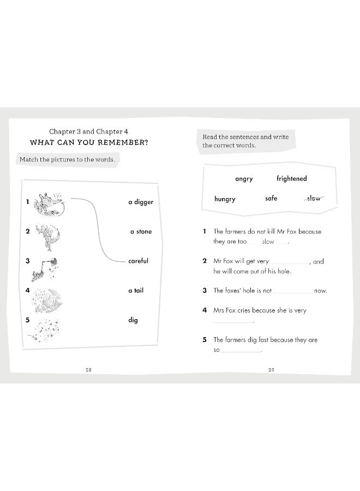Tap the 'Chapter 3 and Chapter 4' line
pyautogui.click(x=88, y=131)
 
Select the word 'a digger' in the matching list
pyautogui.click(x=141, y=202)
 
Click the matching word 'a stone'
pyautogui.click(x=141, y=232)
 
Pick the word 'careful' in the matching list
pyautogui.click(x=138, y=261)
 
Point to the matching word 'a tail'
pyautogui.click(x=136, y=291)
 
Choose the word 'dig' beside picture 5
pyautogui.click(x=133, y=320)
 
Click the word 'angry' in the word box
pyautogui.click(x=244, y=179)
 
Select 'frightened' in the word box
pyautogui.click(x=291, y=178)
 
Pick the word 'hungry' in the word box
pyautogui.click(x=225, y=199)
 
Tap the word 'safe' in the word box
pyautogui.click(x=271, y=199)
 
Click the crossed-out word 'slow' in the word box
pyautogui.click(x=314, y=199)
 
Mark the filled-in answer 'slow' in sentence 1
pyautogui.click(x=268, y=242)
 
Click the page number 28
pyautogui.click(x=88, y=370)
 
